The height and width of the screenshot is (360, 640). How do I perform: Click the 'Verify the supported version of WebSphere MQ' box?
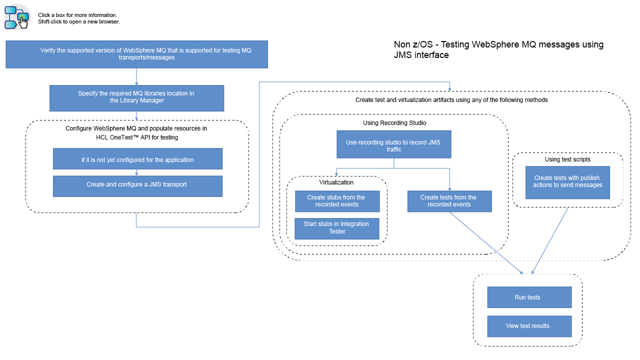tap(136, 54)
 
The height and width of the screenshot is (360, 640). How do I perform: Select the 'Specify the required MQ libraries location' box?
tap(136, 97)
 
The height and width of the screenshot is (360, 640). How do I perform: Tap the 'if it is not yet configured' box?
tap(137, 159)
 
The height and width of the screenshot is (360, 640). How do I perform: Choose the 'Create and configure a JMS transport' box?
tap(137, 185)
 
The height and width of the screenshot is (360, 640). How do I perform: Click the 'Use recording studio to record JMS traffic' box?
tap(394, 145)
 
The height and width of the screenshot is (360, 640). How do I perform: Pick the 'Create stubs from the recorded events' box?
tap(337, 201)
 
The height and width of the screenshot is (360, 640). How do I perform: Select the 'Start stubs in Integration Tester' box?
tap(337, 228)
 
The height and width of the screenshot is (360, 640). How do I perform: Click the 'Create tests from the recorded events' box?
tap(449, 201)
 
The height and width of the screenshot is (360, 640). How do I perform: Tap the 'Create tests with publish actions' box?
tap(567, 182)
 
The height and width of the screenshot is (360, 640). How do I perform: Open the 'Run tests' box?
tap(529, 297)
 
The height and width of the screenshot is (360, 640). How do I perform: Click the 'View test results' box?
tap(529, 326)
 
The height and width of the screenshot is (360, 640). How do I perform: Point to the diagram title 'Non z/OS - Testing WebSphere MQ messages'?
tap(498, 49)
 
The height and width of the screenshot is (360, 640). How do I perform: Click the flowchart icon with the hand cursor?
tap(17, 17)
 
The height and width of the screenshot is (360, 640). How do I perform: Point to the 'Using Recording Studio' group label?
tap(394, 122)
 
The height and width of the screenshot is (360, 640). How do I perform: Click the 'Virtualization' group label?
tap(336, 182)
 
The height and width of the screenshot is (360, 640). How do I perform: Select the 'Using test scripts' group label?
tap(567, 159)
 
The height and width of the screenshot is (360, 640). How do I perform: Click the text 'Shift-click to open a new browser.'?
tap(79, 22)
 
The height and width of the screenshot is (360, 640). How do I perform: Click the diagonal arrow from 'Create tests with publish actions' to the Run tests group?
tap(550, 240)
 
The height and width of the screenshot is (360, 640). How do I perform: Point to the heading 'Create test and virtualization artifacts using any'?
tap(451, 100)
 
